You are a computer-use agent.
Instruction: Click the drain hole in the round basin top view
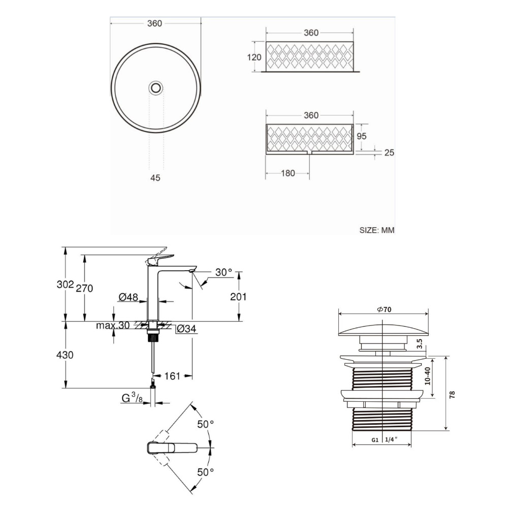click(x=156, y=88)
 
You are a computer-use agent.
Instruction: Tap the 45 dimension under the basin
click(x=155, y=178)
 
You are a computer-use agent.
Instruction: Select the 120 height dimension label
click(x=255, y=57)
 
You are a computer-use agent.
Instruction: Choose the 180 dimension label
click(x=288, y=173)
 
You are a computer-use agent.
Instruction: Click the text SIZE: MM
click(x=376, y=230)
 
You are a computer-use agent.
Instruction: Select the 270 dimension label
click(x=85, y=289)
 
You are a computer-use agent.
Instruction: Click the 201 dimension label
click(x=238, y=297)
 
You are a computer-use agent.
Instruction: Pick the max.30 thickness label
click(x=113, y=326)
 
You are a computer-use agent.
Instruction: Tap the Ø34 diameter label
click(x=186, y=330)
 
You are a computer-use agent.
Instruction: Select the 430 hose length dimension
click(x=66, y=355)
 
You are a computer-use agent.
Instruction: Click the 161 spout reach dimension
click(x=173, y=376)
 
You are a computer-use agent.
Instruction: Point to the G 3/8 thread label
click(x=132, y=399)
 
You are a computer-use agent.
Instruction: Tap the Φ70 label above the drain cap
click(x=382, y=309)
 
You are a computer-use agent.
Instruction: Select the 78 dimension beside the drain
click(x=452, y=393)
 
